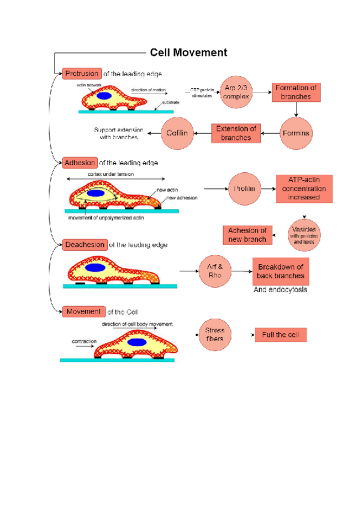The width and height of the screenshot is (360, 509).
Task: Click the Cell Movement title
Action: pos(188,53)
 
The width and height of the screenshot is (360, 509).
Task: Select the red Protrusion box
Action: pos(82,74)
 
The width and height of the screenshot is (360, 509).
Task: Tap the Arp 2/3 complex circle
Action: pos(236,92)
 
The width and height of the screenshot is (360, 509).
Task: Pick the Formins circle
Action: pos(297,133)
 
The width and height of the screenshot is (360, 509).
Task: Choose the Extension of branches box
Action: pos(236,133)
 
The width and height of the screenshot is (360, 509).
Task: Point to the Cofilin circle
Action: pos(178,133)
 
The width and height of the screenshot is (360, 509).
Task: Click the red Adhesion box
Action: pos(79,162)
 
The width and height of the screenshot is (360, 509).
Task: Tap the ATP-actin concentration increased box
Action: pos(303,189)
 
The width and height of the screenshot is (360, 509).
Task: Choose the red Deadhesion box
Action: pos(85,244)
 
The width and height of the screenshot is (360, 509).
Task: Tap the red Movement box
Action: pos(83,312)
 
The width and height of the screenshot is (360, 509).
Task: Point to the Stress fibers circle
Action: pos(214,334)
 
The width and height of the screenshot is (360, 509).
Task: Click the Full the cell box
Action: pos(280,334)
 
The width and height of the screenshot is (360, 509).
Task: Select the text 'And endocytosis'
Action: pos(280,289)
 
